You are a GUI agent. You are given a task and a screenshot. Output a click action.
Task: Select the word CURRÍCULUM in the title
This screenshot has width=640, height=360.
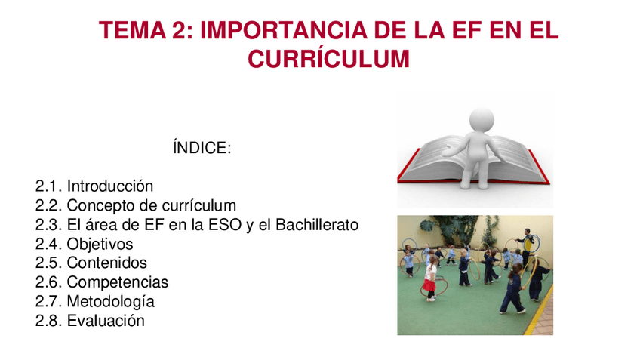(328, 59)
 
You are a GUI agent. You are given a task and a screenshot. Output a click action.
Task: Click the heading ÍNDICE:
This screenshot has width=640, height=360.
(202, 147)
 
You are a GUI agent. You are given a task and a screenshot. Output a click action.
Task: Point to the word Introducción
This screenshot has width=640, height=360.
(110, 186)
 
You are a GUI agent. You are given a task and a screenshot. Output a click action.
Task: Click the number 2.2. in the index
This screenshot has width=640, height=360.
(49, 205)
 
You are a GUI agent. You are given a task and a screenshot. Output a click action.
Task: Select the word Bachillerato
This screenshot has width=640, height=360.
(317, 225)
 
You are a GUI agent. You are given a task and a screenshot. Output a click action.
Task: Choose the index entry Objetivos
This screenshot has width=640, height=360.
(100, 245)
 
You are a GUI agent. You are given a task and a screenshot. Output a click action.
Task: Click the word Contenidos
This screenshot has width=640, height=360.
(107, 263)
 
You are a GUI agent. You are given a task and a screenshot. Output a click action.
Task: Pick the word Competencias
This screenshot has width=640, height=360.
(118, 283)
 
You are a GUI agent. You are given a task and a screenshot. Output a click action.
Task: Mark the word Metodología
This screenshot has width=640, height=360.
(111, 302)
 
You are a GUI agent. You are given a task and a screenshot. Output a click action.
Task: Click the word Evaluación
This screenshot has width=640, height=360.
(106, 321)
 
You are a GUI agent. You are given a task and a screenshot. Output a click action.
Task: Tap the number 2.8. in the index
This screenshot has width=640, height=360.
(49, 321)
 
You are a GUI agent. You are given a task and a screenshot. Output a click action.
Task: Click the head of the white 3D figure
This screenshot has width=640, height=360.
(482, 120)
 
